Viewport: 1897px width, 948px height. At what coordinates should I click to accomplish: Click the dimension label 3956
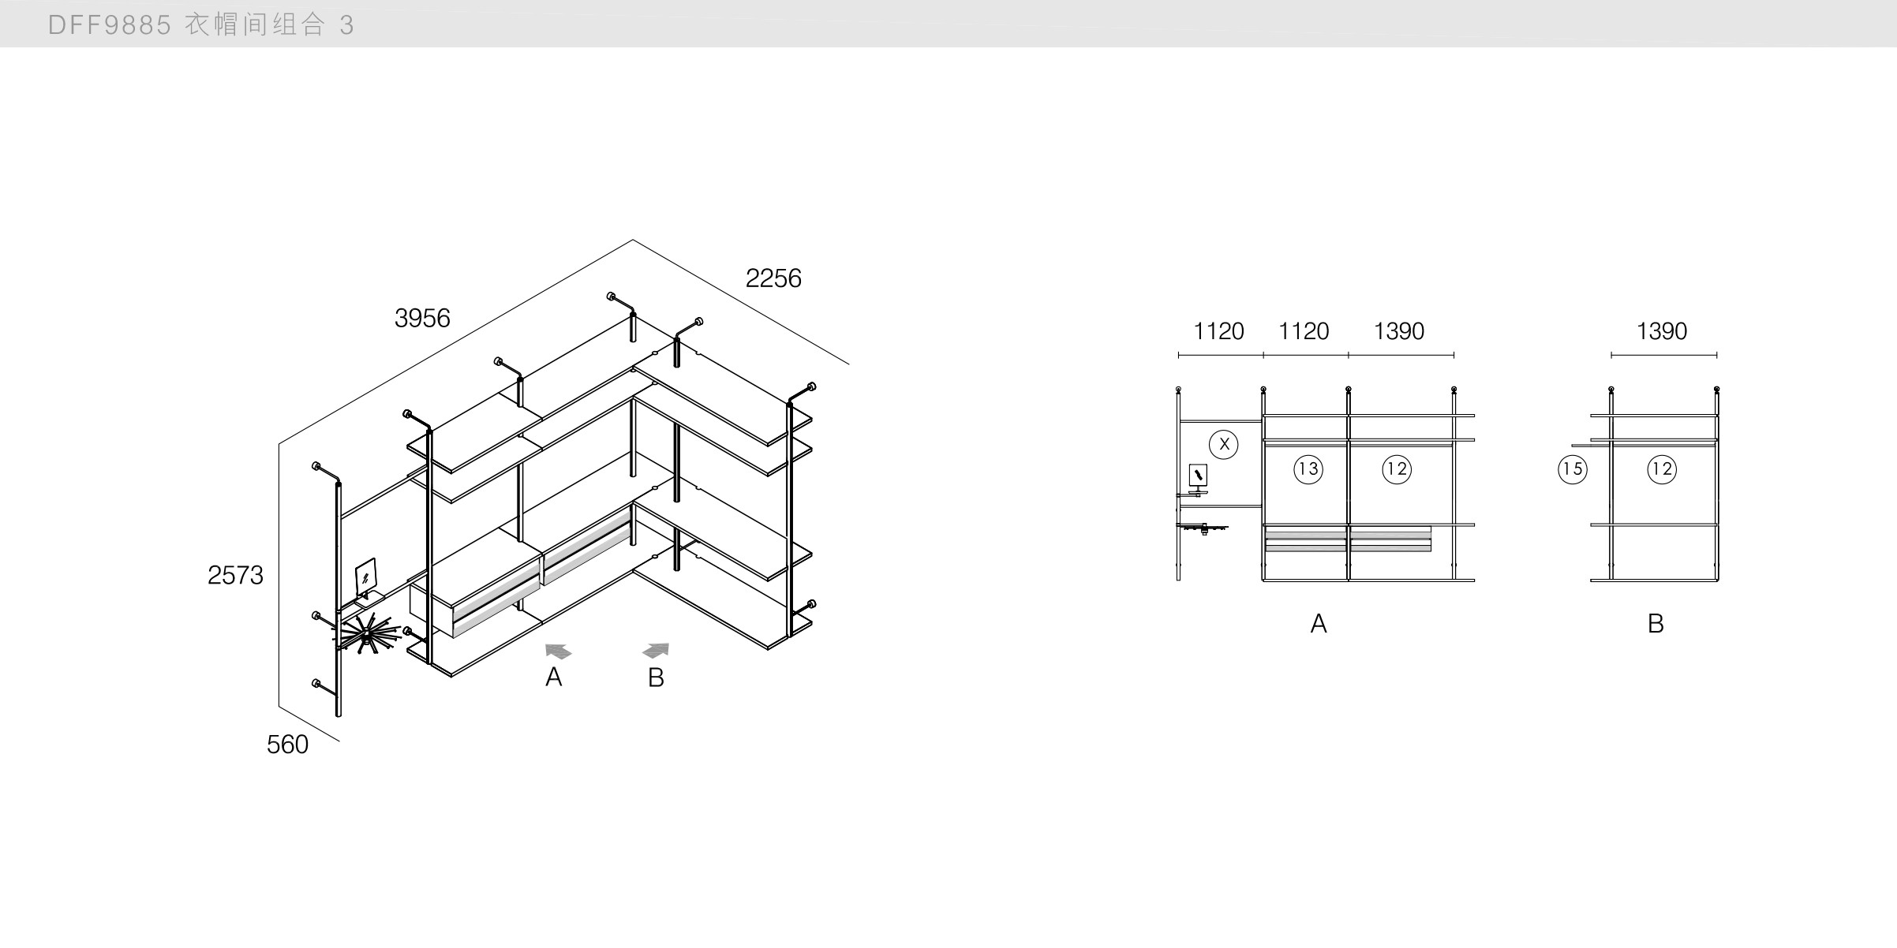(x=422, y=319)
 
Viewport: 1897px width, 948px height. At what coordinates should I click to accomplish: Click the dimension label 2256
(x=773, y=278)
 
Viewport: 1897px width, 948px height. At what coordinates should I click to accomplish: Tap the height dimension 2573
(x=235, y=576)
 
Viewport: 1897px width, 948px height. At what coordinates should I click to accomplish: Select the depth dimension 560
(x=287, y=745)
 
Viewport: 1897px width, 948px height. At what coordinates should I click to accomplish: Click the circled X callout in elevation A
(x=1224, y=444)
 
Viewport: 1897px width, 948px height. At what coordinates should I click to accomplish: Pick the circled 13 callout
(x=1308, y=470)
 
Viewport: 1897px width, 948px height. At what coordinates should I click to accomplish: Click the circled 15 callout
(x=1572, y=470)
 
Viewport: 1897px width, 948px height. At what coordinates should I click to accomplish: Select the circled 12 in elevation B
(x=1662, y=470)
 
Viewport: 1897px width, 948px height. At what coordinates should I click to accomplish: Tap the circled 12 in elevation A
(x=1397, y=470)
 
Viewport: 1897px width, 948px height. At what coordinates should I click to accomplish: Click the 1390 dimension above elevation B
(x=1661, y=331)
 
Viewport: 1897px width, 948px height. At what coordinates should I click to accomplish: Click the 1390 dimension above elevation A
(x=1399, y=331)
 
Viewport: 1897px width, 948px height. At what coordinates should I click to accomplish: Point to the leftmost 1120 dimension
(x=1218, y=331)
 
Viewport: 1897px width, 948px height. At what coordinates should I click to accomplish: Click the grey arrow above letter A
(x=558, y=651)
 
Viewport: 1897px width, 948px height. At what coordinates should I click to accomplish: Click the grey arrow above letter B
(x=657, y=650)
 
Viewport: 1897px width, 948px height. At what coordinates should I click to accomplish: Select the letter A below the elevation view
(x=1318, y=625)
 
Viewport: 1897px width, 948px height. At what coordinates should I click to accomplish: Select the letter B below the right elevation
(x=1656, y=625)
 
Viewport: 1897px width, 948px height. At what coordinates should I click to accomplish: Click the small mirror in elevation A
(x=1198, y=475)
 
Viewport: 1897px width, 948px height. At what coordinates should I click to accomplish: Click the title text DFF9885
(x=110, y=25)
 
